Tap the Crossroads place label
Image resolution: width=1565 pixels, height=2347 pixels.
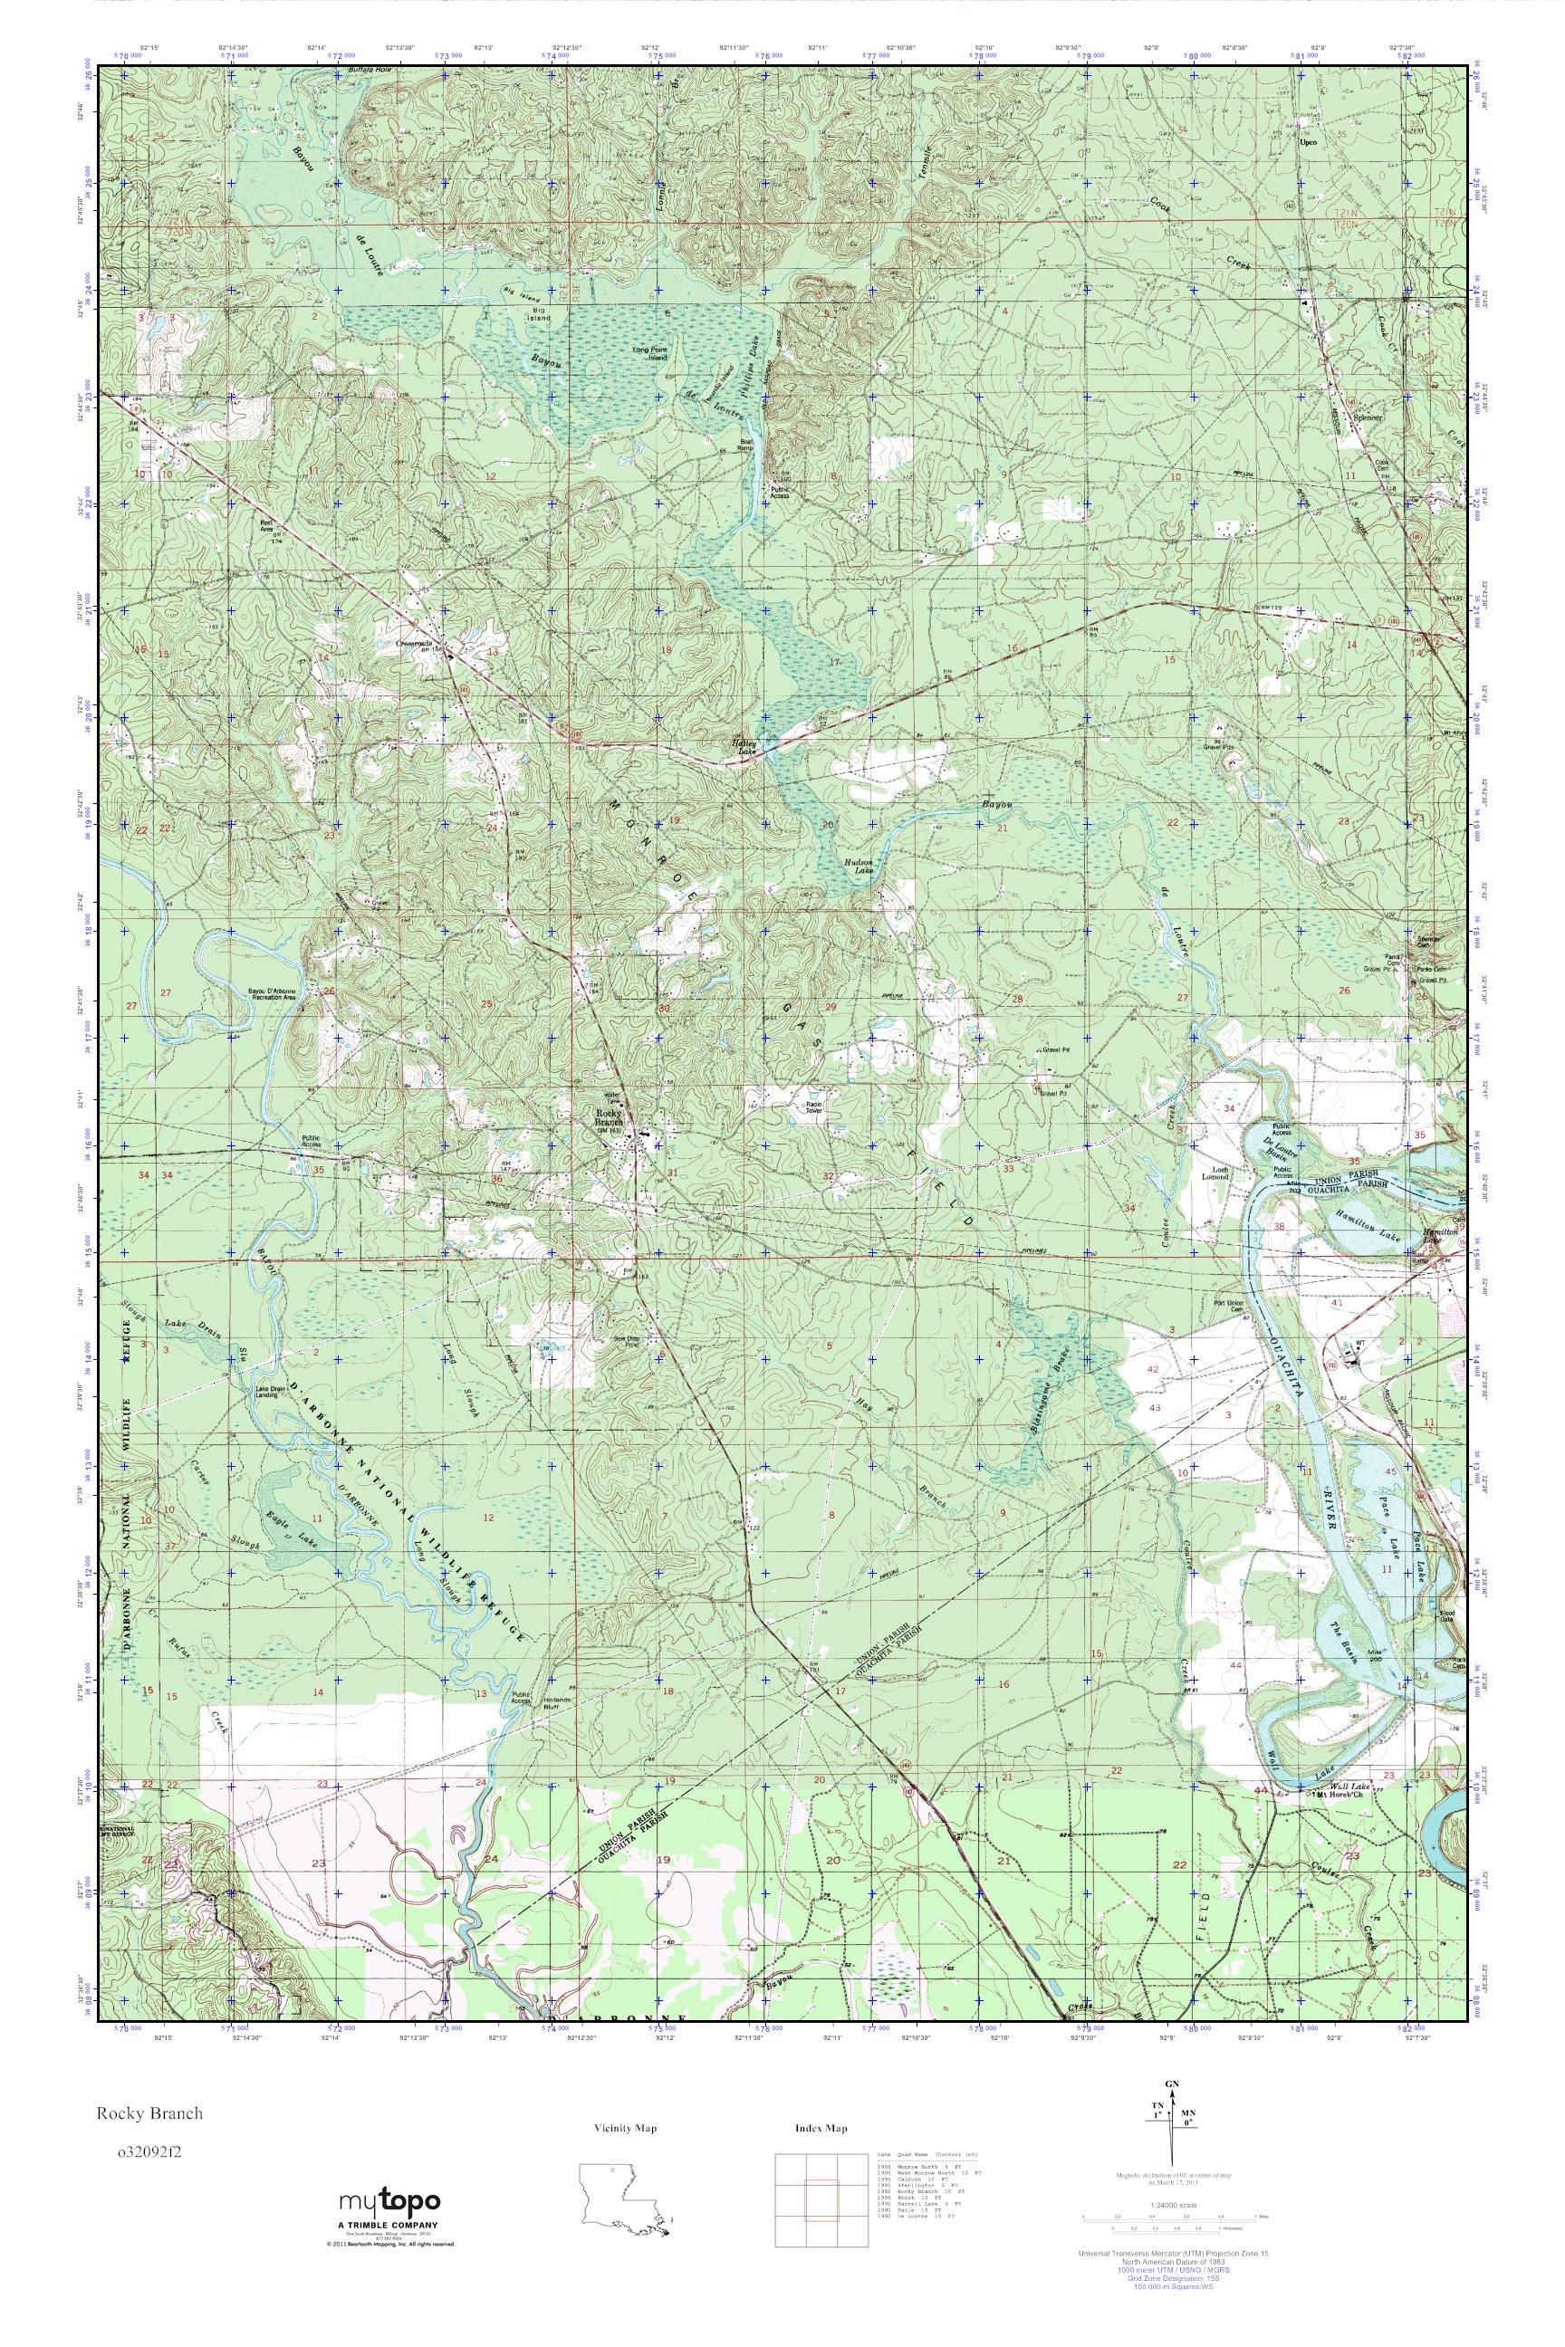coord(414,645)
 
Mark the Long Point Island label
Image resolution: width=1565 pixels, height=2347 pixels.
coord(648,353)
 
